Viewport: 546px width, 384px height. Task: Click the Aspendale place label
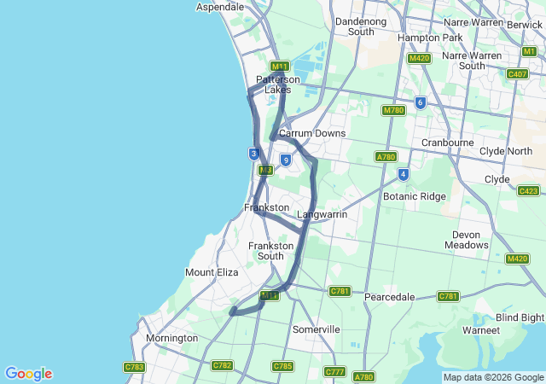click(x=221, y=7)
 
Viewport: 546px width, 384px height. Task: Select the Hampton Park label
click(x=430, y=38)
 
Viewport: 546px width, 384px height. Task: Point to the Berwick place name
click(x=525, y=26)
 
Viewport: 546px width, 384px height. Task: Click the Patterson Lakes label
click(x=278, y=84)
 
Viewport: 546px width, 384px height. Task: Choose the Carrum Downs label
click(x=312, y=133)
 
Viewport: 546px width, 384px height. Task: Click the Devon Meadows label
click(x=467, y=240)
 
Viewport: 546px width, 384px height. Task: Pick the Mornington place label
click(x=171, y=338)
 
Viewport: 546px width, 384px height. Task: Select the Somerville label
click(x=316, y=329)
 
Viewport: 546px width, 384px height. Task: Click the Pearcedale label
click(x=389, y=297)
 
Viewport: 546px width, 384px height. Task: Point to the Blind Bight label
click(x=520, y=317)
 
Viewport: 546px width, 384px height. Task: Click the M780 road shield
click(x=393, y=110)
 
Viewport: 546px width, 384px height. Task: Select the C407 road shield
click(x=517, y=74)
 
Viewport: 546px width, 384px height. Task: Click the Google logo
click(x=28, y=374)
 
